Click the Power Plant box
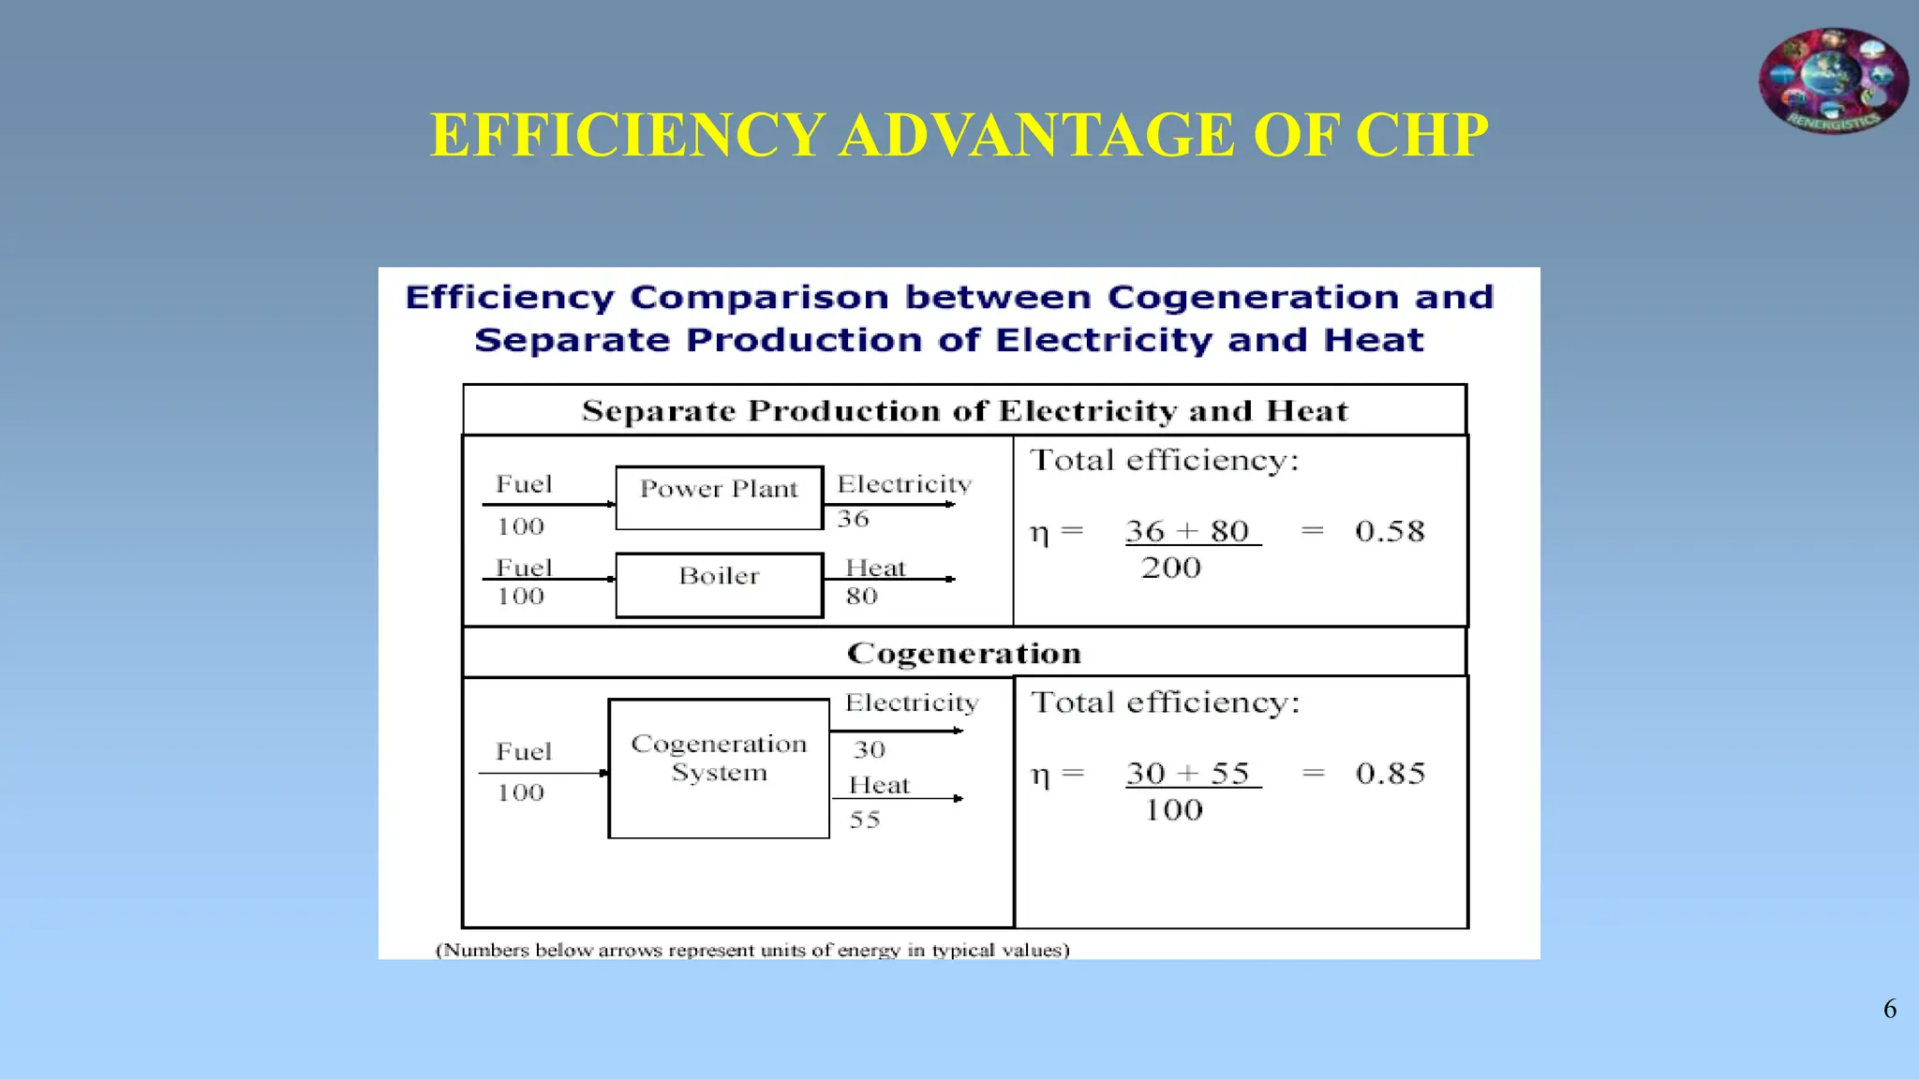click(x=719, y=497)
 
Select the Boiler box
click(x=719, y=584)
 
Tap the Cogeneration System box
click(x=719, y=768)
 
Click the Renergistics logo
click(x=1833, y=81)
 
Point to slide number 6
click(x=1890, y=1009)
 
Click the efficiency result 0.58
click(x=1390, y=531)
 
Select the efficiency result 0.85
click(x=1391, y=774)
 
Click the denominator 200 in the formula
click(x=1171, y=568)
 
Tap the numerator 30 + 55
click(x=1188, y=774)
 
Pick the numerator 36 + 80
click(x=1188, y=531)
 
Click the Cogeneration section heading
click(x=964, y=653)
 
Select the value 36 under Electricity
click(x=853, y=519)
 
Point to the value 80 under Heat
click(x=861, y=597)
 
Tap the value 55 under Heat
click(x=865, y=820)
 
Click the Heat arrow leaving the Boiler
click(x=890, y=579)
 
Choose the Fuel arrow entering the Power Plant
click(x=549, y=504)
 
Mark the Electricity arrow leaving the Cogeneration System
click(x=898, y=731)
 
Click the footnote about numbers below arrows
click(x=752, y=950)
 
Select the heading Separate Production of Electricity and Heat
click(x=964, y=411)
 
